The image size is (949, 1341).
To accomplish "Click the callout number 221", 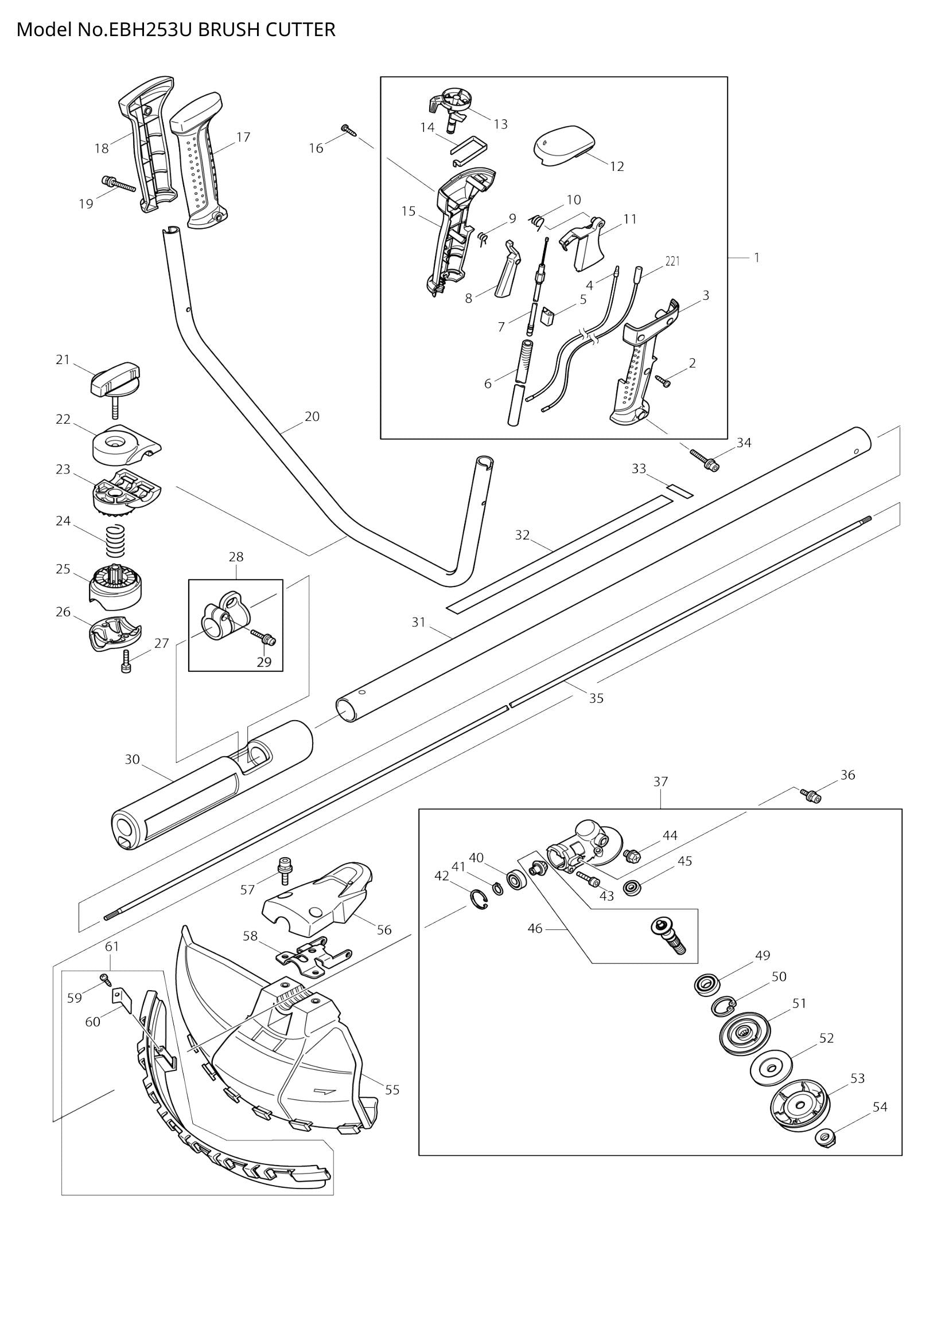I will tap(672, 261).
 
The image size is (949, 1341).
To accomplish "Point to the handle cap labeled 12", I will tap(565, 148).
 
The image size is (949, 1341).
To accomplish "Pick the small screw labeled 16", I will tap(348, 130).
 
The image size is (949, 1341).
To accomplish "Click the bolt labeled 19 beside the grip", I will tap(119, 184).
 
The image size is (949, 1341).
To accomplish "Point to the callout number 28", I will tap(235, 557).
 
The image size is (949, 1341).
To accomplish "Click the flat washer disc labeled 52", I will tap(771, 1068).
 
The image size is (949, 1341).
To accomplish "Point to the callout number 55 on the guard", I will tap(392, 1089).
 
